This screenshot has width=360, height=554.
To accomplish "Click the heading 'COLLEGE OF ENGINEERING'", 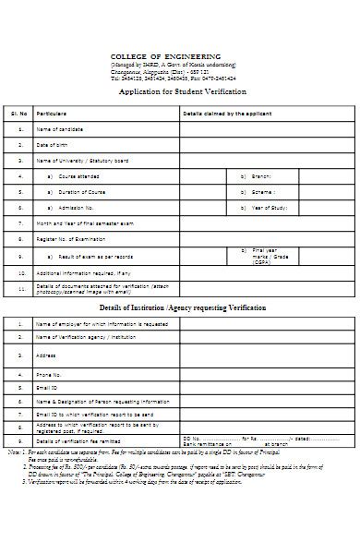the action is coord(179,57).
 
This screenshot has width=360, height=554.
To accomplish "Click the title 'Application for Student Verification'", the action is coord(179,92).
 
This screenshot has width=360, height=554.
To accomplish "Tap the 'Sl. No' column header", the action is coord(19,113).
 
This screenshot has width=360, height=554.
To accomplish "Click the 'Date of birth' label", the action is coord(52,145).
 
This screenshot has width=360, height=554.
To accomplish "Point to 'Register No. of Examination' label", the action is coord(70,239).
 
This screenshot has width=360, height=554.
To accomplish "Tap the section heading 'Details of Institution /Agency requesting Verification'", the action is coord(182,307).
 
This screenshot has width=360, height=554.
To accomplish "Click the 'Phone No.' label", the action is coord(48,375).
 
